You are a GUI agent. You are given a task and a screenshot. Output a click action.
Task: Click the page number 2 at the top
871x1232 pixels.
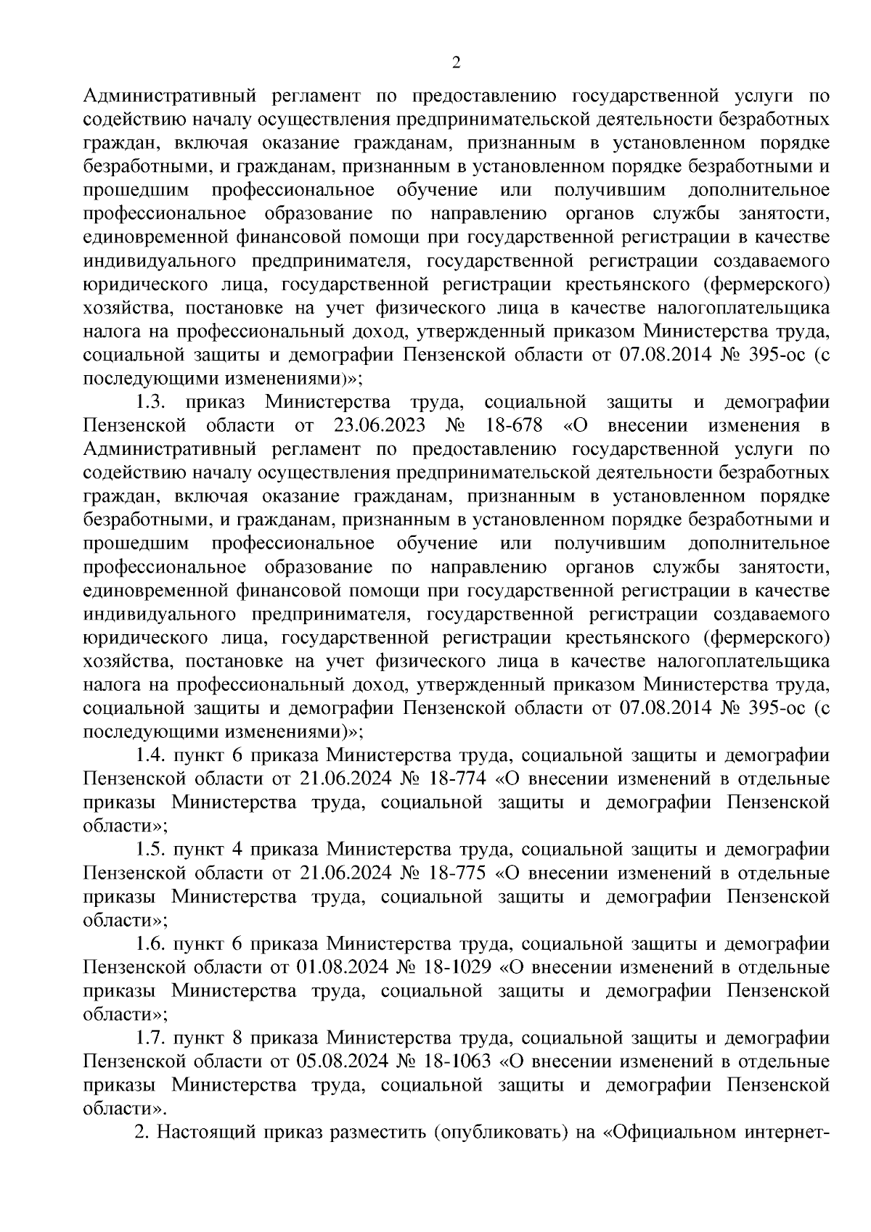[456, 63]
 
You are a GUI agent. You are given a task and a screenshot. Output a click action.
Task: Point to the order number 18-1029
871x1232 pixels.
[459, 968]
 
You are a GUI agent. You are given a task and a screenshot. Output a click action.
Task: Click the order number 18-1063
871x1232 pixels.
[459, 1062]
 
